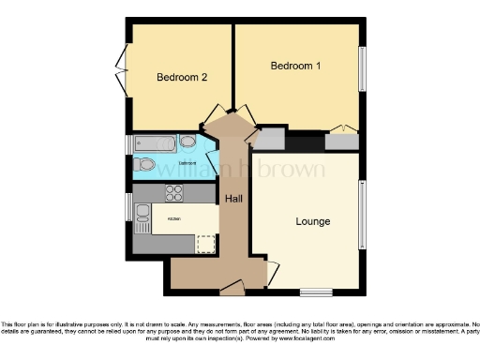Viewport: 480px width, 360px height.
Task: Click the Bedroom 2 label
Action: click(181, 77)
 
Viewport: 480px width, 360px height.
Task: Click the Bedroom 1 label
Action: click(295, 67)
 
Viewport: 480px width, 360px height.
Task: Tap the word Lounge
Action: click(312, 222)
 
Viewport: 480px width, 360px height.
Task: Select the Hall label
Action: click(233, 199)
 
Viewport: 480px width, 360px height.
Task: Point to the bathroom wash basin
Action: click(187, 142)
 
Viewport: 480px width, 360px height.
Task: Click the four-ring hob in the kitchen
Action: click(173, 194)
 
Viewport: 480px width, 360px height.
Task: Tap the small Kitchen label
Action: click(174, 219)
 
